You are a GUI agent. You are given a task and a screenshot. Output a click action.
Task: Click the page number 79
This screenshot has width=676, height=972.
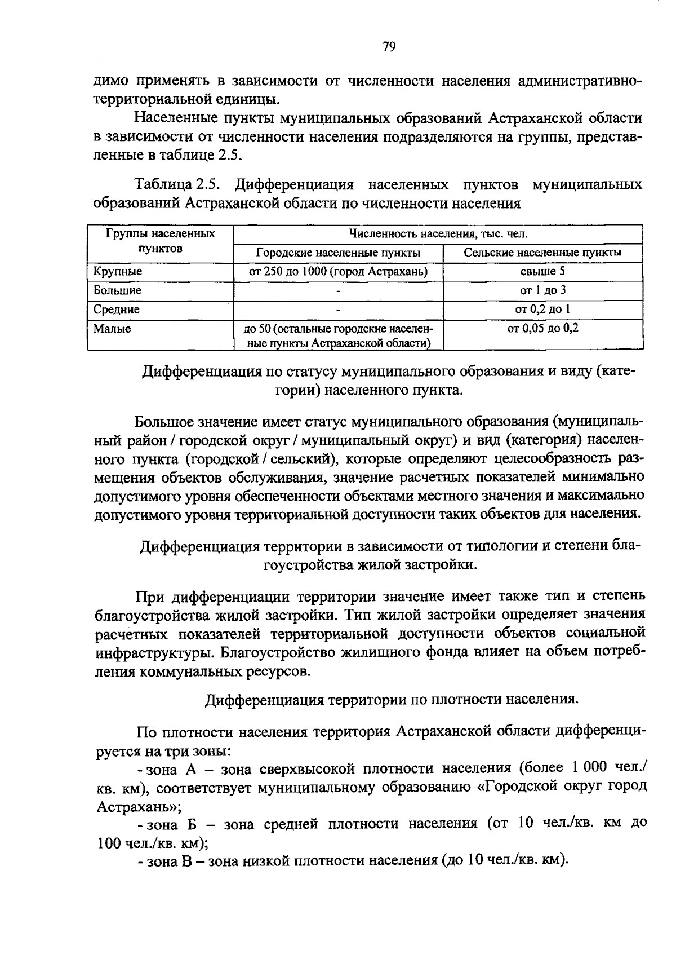coord(389,47)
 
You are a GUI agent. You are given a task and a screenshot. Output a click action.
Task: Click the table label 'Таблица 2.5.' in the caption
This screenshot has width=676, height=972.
coord(180,184)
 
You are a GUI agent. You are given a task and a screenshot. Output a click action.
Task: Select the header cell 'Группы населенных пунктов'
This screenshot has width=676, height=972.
coord(161,241)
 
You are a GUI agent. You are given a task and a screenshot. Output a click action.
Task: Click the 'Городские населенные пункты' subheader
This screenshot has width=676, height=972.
coord(338,253)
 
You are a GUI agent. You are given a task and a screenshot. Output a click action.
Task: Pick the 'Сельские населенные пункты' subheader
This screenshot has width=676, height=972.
coord(542,253)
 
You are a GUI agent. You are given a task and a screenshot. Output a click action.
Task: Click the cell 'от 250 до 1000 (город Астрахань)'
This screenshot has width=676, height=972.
coord(338,272)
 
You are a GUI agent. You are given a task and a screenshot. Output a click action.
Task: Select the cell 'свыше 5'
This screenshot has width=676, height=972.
coord(542,272)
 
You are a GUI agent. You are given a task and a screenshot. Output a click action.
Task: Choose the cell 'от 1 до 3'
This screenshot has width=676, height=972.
coord(542,290)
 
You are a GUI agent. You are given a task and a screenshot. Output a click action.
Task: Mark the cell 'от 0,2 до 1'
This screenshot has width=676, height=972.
coord(542,310)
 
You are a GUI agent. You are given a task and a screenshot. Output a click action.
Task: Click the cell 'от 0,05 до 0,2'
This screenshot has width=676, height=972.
coord(542,328)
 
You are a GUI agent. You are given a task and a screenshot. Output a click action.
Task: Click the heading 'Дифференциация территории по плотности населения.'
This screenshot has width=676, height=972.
coord(392,700)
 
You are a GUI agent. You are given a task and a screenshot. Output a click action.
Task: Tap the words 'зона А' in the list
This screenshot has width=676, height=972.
coord(171,768)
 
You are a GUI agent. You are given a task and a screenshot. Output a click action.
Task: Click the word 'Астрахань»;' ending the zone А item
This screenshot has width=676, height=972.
coord(138,806)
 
